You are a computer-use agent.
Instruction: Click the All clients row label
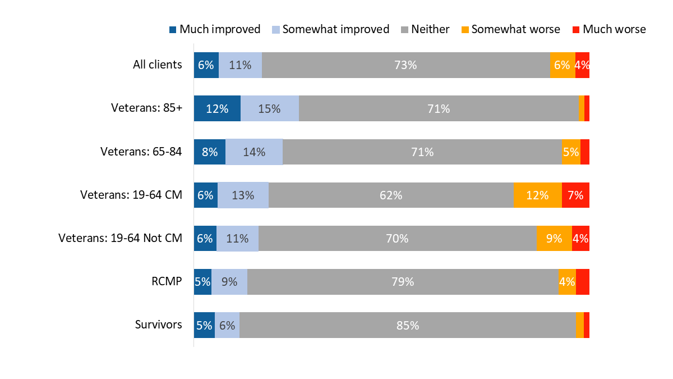(x=157, y=65)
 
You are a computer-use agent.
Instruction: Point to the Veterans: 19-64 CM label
(x=131, y=195)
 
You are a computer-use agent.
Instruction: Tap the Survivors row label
(x=158, y=325)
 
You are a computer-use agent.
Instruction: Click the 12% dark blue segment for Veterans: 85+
(x=217, y=108)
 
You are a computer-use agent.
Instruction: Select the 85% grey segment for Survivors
(x=407, y=325)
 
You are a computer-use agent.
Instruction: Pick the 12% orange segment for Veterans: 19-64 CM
(x=537, y=195)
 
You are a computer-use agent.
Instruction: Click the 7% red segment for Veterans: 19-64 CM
(x=575, y=195)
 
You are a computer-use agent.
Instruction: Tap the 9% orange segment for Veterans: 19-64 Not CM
(x=554, y=238)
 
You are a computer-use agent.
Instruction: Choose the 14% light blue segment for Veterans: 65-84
(x=254, y=152)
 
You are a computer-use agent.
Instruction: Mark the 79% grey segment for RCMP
(x=403, y=281)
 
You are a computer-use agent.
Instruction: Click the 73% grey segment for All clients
(x=405, y=65)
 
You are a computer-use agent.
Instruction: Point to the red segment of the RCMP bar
(x=582, y=281)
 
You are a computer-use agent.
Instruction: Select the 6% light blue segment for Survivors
(x=227, y=325)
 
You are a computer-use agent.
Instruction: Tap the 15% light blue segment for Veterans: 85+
(x=270, y=108)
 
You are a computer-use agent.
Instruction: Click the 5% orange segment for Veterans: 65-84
(x=570, y=152)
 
